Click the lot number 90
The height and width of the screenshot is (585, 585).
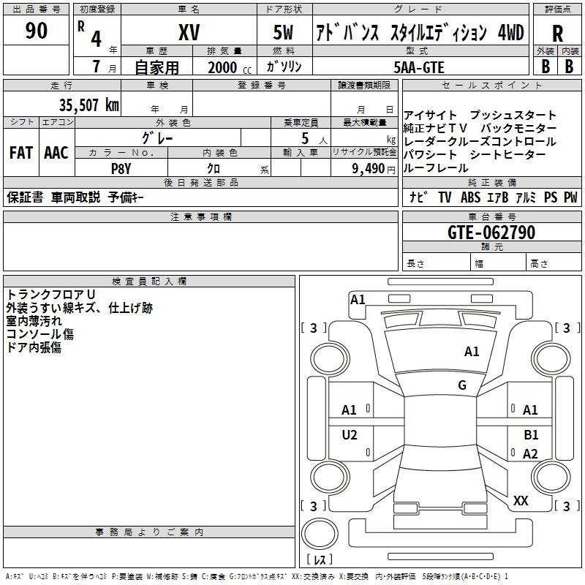[x=36, y=31]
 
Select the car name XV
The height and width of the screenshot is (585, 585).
[x=189, y=32]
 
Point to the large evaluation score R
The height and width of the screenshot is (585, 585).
[x=557, y=34]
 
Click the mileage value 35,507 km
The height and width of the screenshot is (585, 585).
[x=89, y=105]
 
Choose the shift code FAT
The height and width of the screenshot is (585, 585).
[x=20, y=153]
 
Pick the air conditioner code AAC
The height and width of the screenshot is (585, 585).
[x=56, y=153]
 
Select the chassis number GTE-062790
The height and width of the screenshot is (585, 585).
[x=491, y=233]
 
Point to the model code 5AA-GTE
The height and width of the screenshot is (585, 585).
[x=418, y=67]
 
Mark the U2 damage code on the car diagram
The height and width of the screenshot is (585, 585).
[x=350, y=435]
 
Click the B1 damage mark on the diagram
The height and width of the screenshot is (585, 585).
[x=531, y=435]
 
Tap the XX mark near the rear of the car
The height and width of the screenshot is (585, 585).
[x=521, y=501]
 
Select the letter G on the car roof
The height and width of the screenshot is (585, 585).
[x=462, y=385]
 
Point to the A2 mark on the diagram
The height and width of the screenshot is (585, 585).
[x=530, y=454]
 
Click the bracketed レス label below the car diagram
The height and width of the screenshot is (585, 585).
[x=319, y=560]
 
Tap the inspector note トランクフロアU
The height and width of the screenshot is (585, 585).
[x=46, y=294]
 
